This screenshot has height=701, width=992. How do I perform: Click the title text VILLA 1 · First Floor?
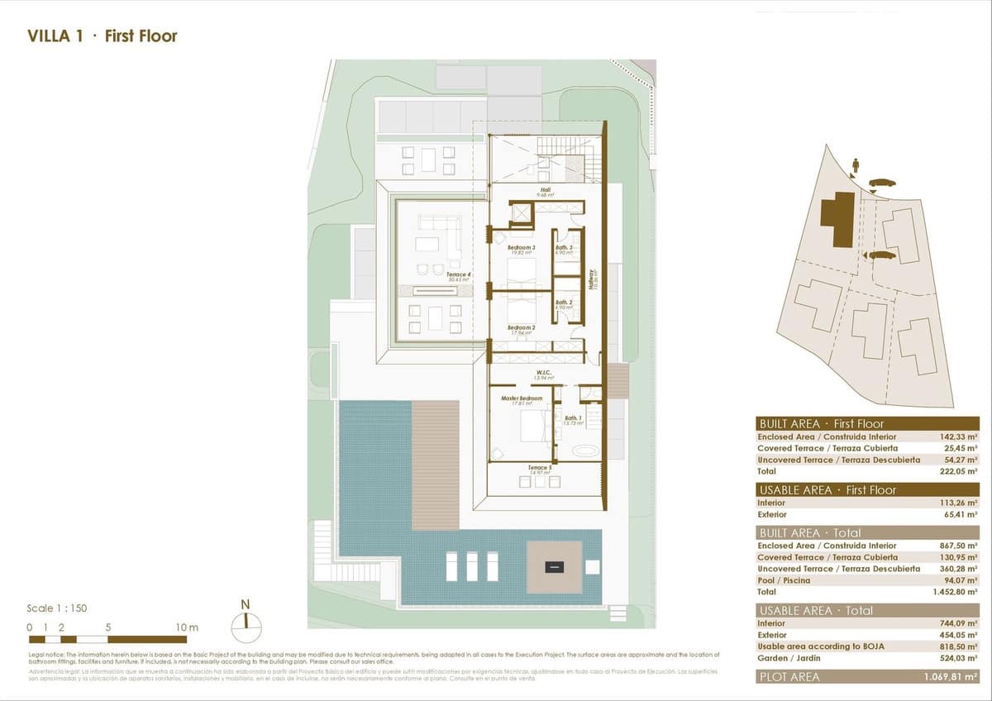(103, 36)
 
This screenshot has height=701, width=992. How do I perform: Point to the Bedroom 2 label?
(521, 329)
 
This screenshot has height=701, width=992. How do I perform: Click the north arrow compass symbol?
(246, 627)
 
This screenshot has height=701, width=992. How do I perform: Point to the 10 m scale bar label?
(188, 627)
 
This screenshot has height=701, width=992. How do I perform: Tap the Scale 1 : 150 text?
(57, 608)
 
